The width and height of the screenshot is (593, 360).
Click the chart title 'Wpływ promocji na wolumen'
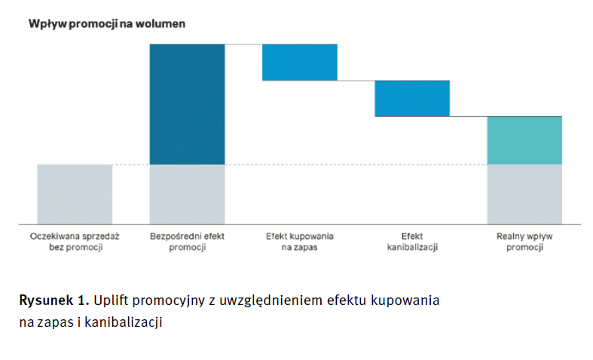coord(107,23)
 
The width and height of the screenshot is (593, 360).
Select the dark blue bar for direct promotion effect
coord(187,104)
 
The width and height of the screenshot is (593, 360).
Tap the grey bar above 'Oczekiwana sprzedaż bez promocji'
coord(75,194)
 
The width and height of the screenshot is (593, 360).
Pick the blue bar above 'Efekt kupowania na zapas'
coord(299,63)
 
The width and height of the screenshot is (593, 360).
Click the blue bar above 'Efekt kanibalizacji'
coord(412,98)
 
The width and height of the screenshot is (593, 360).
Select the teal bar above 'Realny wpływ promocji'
coord(524,140)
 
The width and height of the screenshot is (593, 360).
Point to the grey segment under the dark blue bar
coord(187,194)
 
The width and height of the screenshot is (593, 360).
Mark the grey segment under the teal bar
coord(524,194)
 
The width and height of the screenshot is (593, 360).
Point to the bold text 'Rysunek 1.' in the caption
coord(54,300)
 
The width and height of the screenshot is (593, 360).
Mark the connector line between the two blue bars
coord(356,80)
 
